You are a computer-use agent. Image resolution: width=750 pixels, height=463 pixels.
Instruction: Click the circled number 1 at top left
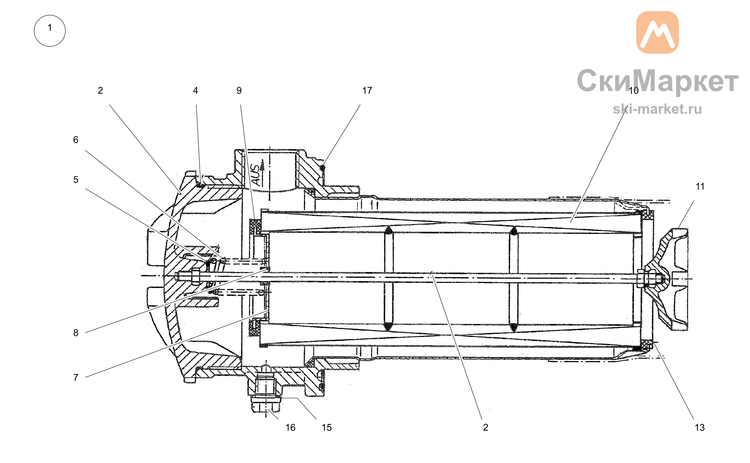coord(49,31)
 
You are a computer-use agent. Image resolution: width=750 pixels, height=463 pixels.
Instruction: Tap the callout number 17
coord(367,90)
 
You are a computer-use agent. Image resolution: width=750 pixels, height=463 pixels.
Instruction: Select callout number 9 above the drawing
coord(239,90)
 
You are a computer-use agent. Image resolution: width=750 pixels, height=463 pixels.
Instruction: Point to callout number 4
coord(195,90)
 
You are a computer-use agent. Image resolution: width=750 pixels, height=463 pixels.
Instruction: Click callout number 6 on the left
coord(76,140)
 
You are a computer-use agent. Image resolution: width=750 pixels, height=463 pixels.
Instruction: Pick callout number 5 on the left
coord(76,180)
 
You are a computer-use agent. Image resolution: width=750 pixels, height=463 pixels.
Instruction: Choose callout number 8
coord(76,333)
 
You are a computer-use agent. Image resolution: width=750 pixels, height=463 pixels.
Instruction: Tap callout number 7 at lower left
coord(76,377)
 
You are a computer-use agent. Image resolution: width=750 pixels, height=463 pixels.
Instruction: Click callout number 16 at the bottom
coord(290,427)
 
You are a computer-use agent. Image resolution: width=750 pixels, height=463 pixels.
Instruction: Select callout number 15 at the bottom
coord(327,427)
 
